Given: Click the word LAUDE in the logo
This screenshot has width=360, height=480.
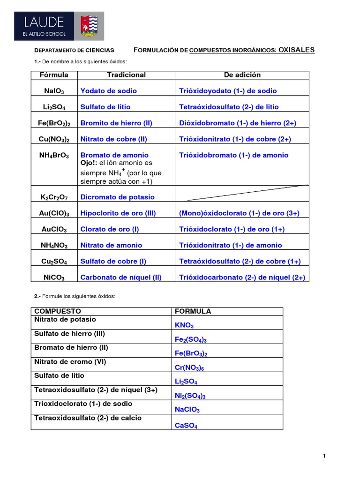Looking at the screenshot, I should (x=42, y=22).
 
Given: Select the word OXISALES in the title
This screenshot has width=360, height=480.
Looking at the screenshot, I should (x=297, y=50).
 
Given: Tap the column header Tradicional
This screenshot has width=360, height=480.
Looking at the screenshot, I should (x=126, y=75).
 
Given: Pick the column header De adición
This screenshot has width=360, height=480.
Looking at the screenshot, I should (x=242, y=75).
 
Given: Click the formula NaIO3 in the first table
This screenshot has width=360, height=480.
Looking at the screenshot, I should (x=54, y=91).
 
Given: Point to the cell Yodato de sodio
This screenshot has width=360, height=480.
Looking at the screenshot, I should (x=109, y=91).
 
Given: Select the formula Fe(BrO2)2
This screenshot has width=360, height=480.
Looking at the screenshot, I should (x=54, y=123).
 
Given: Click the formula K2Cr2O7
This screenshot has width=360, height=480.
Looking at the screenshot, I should (x=54, y=197).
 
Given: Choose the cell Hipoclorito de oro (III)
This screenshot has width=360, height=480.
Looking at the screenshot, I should (x=119, y=213).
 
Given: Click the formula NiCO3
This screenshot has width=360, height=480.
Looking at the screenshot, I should (x=54, y=277).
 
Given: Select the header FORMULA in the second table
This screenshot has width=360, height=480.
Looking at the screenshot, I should (x=193, y=311).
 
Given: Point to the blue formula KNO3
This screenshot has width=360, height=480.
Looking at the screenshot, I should (x=184, y=325).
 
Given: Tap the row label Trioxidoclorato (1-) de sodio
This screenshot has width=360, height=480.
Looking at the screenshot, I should (x=83, y=404).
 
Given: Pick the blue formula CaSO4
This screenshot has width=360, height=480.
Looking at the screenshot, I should (x=186, y=426).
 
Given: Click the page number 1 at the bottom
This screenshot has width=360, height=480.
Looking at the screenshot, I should (x=324, y=456).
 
